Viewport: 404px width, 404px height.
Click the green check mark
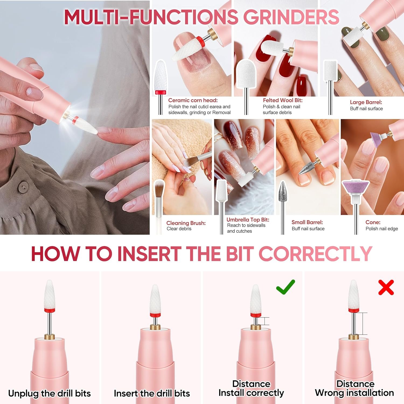(x=285, y=287)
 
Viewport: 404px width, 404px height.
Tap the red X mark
(x=386, y=287)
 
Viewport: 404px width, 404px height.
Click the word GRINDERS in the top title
(x=291, y=17)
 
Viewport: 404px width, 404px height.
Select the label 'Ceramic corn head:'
(x=193, y=100)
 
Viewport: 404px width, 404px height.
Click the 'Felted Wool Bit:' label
(x=283, y=100)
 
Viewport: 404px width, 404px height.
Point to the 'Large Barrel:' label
(x=366, y=102)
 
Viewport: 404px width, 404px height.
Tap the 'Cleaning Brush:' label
(x=186, y=223)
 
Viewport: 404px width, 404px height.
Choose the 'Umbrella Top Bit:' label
(x=248, y=220)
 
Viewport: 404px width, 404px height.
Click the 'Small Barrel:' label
(x=307, y=222)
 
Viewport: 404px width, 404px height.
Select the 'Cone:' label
(x=373, y=222)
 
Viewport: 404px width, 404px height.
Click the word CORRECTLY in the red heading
(x=315, y=254)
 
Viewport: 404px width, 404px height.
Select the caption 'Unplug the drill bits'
(x=49, y=393)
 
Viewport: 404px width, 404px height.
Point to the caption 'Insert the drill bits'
(x=152, y=393)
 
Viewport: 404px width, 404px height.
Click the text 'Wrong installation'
(x=354, y=393)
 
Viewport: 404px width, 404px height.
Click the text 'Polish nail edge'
(x=382, y=229)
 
